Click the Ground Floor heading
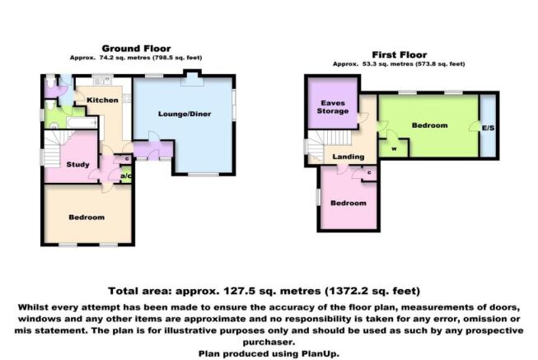pos(136,49)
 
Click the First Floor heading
pos(400,54)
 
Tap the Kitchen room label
pos(102,100)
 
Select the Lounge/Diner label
pos(185,114)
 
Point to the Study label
pos(78,165)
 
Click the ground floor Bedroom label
pos(87,217)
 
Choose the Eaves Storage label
pos(333,107)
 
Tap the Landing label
pos(349,157)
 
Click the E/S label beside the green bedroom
pos(489,128)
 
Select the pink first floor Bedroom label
pos(349,203)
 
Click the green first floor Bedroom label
pos(429,125)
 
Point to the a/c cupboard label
pos(126,176)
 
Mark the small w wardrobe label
pos(395,149)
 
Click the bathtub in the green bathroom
pos(82,123)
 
